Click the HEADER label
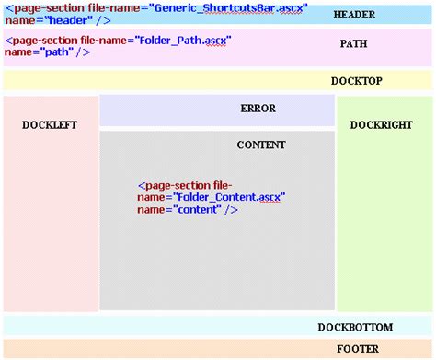point(354,16)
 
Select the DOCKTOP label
point(356,81)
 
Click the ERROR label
point(258,109)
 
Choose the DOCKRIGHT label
point(381,124)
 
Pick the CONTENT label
point(260,145)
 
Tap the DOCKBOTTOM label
point(355,327)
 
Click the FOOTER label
point(354,349)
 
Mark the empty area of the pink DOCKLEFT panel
point(51,230)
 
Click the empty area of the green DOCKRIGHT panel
point(385,230)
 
